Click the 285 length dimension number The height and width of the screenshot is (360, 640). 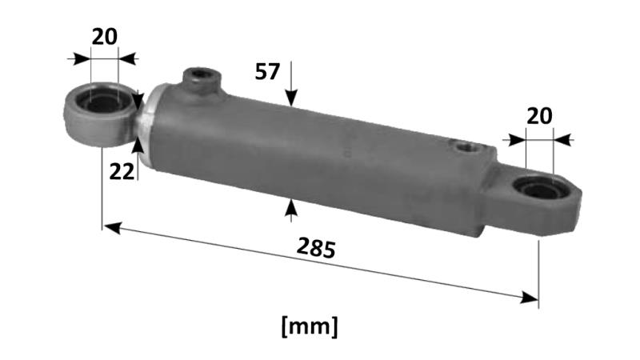point(315,248)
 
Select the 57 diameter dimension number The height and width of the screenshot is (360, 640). point(267,72)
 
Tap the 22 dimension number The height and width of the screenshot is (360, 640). point(122,170)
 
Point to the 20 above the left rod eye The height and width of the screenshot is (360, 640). point(104,37)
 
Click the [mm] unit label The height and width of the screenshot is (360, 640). point(310,326)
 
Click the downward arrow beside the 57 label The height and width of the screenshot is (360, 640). point(292,96)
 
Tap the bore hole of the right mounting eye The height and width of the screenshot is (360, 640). point(537,190)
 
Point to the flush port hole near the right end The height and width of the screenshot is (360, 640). point(463,147)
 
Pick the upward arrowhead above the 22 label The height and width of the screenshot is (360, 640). point(138,146)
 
